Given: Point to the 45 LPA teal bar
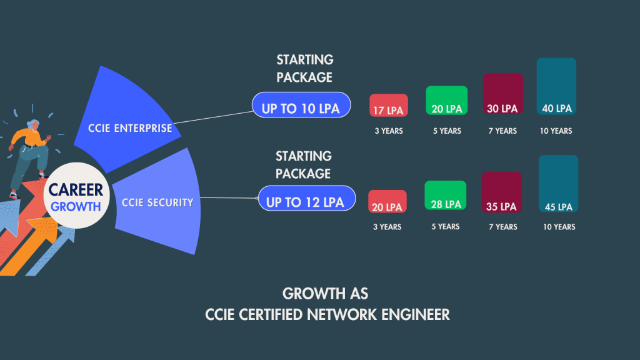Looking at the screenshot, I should click(x=558, y=184).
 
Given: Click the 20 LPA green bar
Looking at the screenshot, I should click(x=446, y=101).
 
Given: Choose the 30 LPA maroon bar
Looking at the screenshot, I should click(x=502, y=94).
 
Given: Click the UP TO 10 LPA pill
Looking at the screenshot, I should click(x=301, y=107).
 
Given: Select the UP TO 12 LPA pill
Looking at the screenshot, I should click(x=306, y=202).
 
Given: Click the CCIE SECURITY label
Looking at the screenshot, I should click(x=157, y=202).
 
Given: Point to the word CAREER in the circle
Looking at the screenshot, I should click(x=76, y=190).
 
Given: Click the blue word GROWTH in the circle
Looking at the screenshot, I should click(x=76, y=206).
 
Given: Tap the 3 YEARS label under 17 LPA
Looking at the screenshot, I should click(x=388, y=131).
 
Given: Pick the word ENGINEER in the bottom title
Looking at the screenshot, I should click(x=417, y=314).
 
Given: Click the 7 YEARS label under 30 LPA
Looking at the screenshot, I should click(x=502, y=131).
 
